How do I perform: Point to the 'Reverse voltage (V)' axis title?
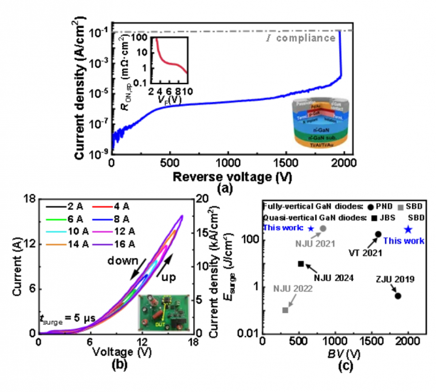click(231, 177)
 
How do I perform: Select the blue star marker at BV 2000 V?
click(409, 229)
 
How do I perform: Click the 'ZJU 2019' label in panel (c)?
click(391, 278)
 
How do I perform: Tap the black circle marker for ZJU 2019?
click(398, 295)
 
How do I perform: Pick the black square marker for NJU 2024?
click(301, 263)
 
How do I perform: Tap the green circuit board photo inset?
click(163, 312)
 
